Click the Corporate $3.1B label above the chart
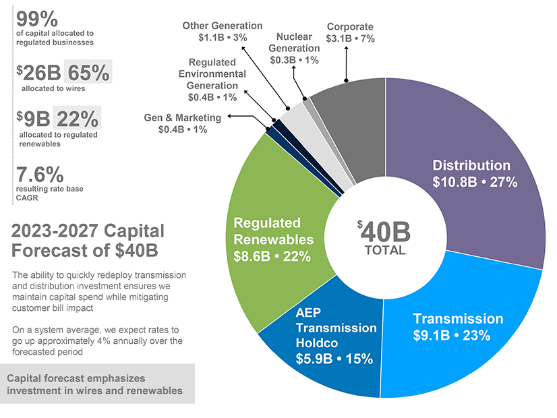(350, 32)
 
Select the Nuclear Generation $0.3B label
(294, 48)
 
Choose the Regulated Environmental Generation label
(212, 80)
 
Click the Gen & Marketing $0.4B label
(182, 123)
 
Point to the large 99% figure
(37, 20)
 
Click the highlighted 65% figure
(88, 72)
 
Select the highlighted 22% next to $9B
(77, 118)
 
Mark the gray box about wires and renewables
(97, 384)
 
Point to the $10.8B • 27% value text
(475, 181)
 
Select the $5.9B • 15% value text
(334, 359)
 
